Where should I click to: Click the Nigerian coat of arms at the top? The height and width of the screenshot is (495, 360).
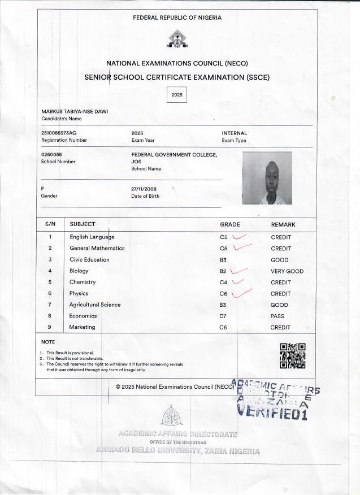point(177,39)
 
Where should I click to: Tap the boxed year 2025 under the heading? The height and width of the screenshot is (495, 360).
point(177,95)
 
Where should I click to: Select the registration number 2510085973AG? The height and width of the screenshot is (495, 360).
point(59,133)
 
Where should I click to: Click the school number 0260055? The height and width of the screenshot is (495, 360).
point(51,154)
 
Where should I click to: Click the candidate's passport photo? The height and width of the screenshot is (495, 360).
point(267,178)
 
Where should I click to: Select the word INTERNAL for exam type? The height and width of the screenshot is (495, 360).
point(234,133)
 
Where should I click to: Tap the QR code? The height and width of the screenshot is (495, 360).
point(293,356)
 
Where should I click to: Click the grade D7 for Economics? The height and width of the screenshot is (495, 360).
point(223,316)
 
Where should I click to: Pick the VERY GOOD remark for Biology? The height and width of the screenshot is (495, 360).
point(287,271)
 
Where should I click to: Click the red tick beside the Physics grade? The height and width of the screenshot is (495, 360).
point(241,292)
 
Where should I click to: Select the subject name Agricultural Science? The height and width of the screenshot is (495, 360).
point(95,305)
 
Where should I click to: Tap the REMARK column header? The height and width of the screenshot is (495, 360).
point(283,224)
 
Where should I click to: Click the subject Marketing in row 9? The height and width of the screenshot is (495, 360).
point(82,327)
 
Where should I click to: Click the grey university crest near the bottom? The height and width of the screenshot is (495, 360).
point(171,416)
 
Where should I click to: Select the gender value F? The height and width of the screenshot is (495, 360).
point(43,188)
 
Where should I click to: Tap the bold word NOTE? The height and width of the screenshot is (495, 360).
point(48,342)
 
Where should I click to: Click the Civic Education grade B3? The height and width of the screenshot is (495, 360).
point(223,260)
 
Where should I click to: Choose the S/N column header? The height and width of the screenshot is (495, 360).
point(50,224)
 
